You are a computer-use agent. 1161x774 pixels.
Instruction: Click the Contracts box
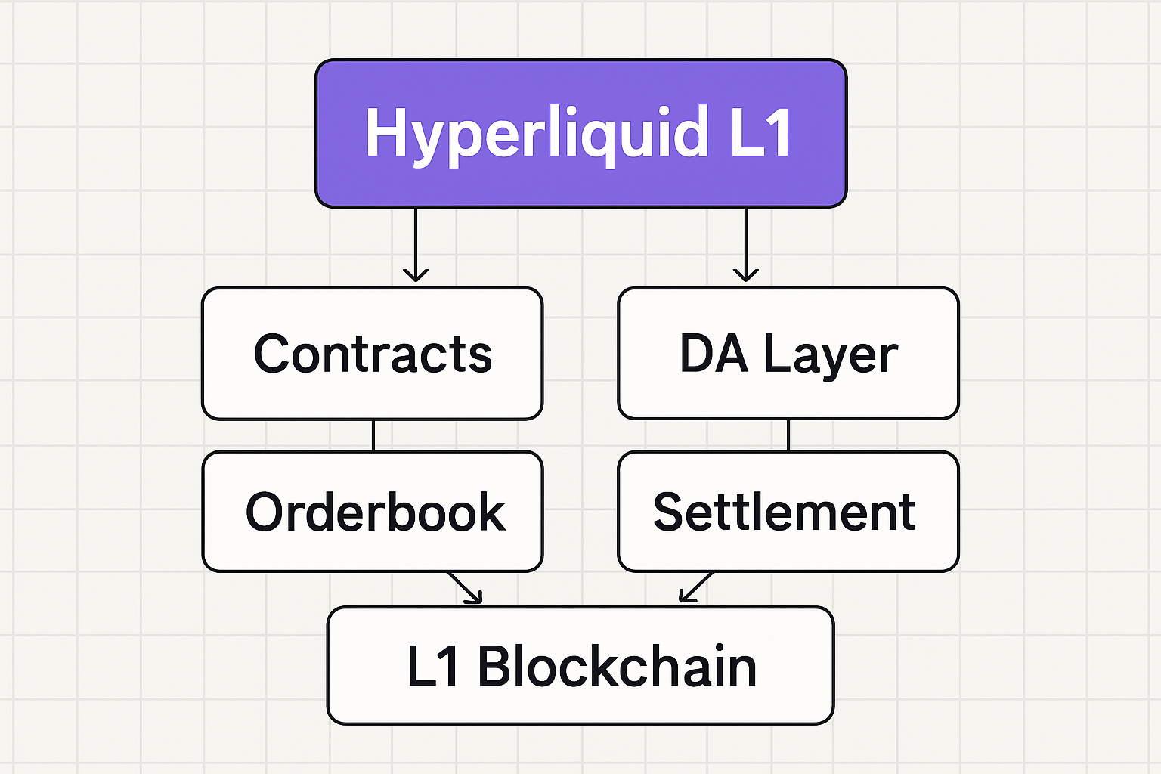[x=372, y=354]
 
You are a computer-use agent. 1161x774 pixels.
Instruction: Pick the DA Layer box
[x=788, y=354]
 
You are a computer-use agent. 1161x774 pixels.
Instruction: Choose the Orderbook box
[x=372, y=512]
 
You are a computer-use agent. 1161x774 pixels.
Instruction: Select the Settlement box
[x=788, y=512]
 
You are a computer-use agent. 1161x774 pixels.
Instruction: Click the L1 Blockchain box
[x=580, y=666]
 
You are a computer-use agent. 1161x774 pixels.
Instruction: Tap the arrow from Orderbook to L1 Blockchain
[x=464, y=587]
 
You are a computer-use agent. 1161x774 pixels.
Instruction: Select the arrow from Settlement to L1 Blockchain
[x=696, y=587]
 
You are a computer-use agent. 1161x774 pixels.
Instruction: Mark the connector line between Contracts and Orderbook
[x=373, y=435]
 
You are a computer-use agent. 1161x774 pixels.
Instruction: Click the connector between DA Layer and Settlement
[x=788, y=435]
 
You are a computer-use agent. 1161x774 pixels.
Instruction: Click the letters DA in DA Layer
[x=714, y=354]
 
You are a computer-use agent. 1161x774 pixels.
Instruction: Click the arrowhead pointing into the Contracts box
[x=415, y=274]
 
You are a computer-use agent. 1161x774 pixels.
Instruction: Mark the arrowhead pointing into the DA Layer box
[x=746, y=274]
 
